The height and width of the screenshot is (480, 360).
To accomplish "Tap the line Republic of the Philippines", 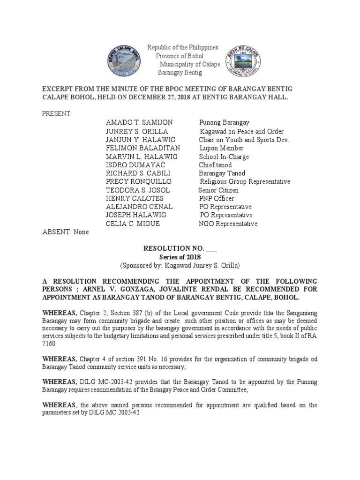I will (183, 47).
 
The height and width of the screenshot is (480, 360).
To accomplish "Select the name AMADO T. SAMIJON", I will (135, 123).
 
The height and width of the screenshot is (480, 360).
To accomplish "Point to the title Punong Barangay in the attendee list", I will (224, 123).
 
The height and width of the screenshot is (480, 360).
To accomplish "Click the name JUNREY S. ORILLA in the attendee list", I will (136, 132).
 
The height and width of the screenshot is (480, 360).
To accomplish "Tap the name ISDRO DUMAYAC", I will (135, 165).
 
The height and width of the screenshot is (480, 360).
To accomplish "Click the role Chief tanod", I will (215, 165).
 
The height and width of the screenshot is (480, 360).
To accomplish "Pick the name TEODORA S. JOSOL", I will (138, 190).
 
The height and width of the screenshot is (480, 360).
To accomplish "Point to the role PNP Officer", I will (216, 198).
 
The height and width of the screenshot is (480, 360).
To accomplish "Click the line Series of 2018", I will (180, 257).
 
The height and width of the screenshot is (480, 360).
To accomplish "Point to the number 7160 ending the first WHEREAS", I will (49, 344).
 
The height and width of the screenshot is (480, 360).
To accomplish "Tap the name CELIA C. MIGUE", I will (133, 224).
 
